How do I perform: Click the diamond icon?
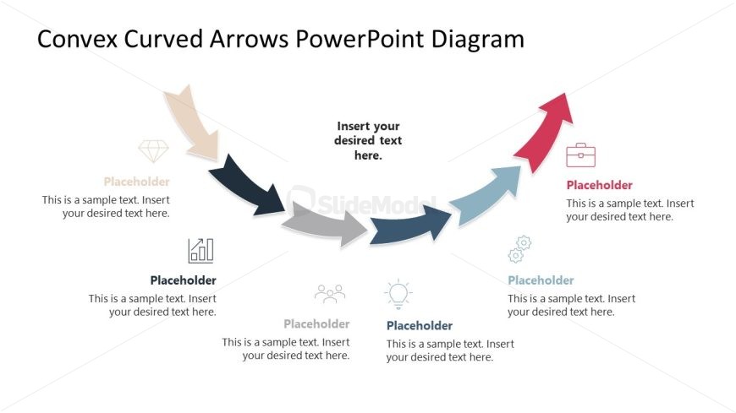pos(153,151)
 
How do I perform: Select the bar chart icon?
pos(200,250)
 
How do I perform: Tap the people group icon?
pos(330,293)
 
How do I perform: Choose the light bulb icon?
pos(398,295)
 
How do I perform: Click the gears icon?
pos(519,249)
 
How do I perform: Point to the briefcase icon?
pos(580,155)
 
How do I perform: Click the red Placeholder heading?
pos(600,185)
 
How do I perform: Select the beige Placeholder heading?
pos(136,182)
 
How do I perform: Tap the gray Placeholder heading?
pos(317,324)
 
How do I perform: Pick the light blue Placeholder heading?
pos(541,280)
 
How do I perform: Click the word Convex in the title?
pos(77,39)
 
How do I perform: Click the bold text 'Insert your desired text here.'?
pos(368,141)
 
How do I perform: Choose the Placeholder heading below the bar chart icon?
pos(183,280)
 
